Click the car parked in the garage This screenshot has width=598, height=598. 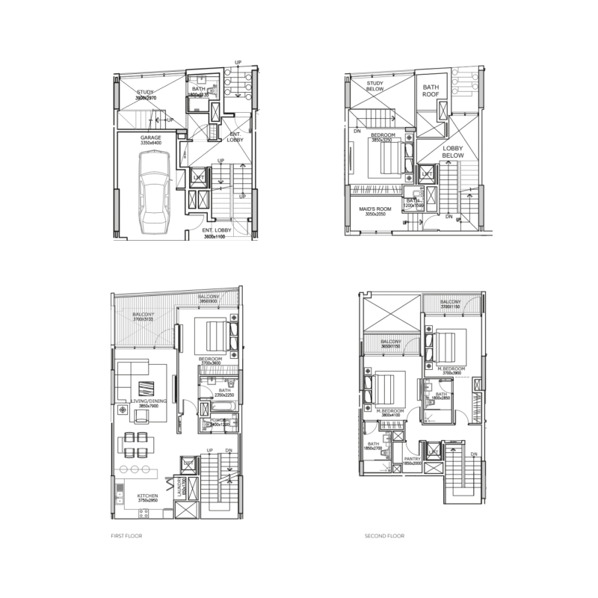pyautogui.click(x=153, y=192)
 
